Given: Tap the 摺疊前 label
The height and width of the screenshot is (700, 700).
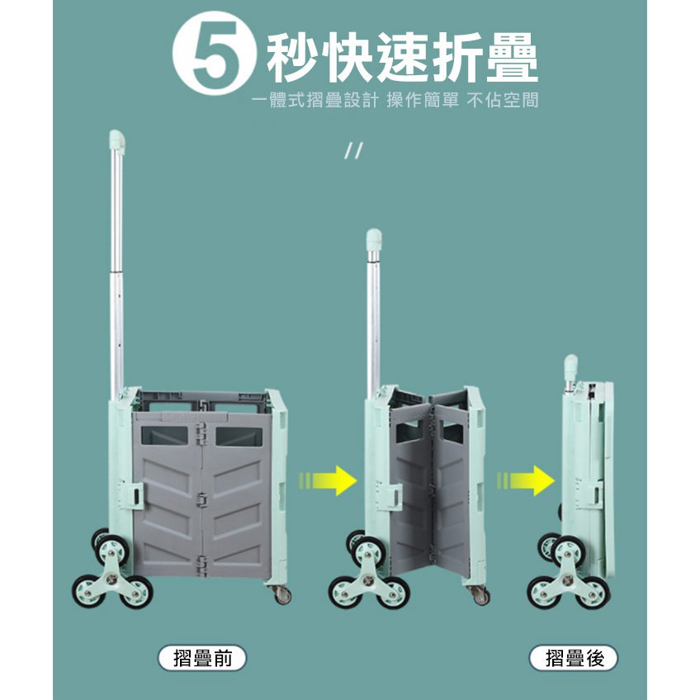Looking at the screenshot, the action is pos(203,658).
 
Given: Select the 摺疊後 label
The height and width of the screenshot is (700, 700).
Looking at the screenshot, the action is pos(574,658).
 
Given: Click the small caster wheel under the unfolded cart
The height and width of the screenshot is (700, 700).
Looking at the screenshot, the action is pos(281,594).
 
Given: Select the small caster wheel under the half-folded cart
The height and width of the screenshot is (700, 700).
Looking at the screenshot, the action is pos(480,595).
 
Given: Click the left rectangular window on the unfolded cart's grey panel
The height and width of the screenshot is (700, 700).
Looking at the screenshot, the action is pos(164,435).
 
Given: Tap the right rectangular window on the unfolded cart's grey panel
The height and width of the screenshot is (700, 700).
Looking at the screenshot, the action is pos(239,437).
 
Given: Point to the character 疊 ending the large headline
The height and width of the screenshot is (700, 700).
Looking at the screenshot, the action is pos(512,58).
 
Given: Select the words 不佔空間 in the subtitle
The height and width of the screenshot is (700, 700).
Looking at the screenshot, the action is pos(503,100).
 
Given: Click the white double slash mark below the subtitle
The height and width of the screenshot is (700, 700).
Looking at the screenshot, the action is pos(353,151).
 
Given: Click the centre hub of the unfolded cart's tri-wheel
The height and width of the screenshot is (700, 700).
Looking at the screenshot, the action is pos(111,579).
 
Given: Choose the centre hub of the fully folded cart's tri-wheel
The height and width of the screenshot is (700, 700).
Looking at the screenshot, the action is pos(568,580).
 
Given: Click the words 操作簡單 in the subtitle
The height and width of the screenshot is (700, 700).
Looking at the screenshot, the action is pos(423,100).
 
